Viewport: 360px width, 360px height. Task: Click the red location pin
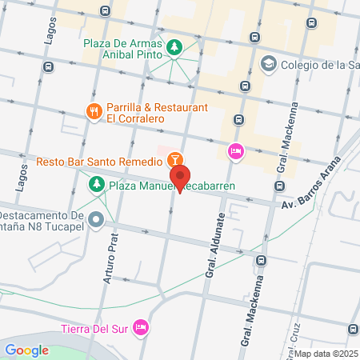pos(180,178)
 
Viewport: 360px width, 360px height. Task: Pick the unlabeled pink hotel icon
pos(235,150)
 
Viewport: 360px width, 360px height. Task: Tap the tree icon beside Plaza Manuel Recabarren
pos(96,186)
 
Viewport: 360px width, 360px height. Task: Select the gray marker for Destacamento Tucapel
pos(97,218)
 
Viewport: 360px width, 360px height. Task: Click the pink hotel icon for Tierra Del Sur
pos(141,326)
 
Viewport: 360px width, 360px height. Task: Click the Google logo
pos(26,350)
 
